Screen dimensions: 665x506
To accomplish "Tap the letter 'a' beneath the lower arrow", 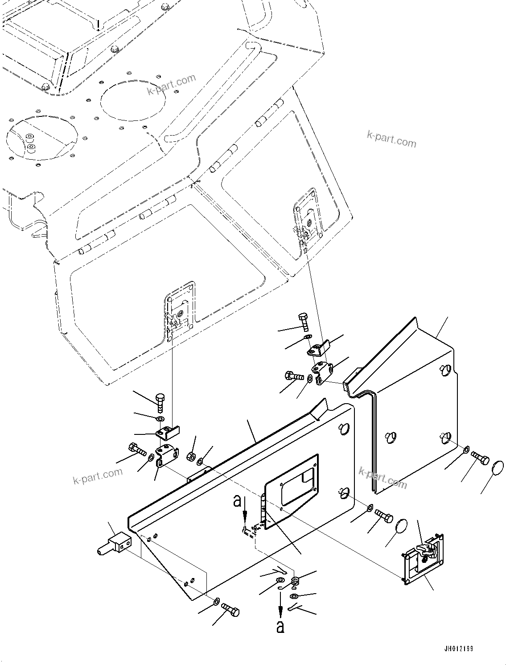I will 280,627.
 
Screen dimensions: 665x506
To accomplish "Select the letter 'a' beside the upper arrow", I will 237,502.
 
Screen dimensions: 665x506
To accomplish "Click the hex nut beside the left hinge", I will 191,456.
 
